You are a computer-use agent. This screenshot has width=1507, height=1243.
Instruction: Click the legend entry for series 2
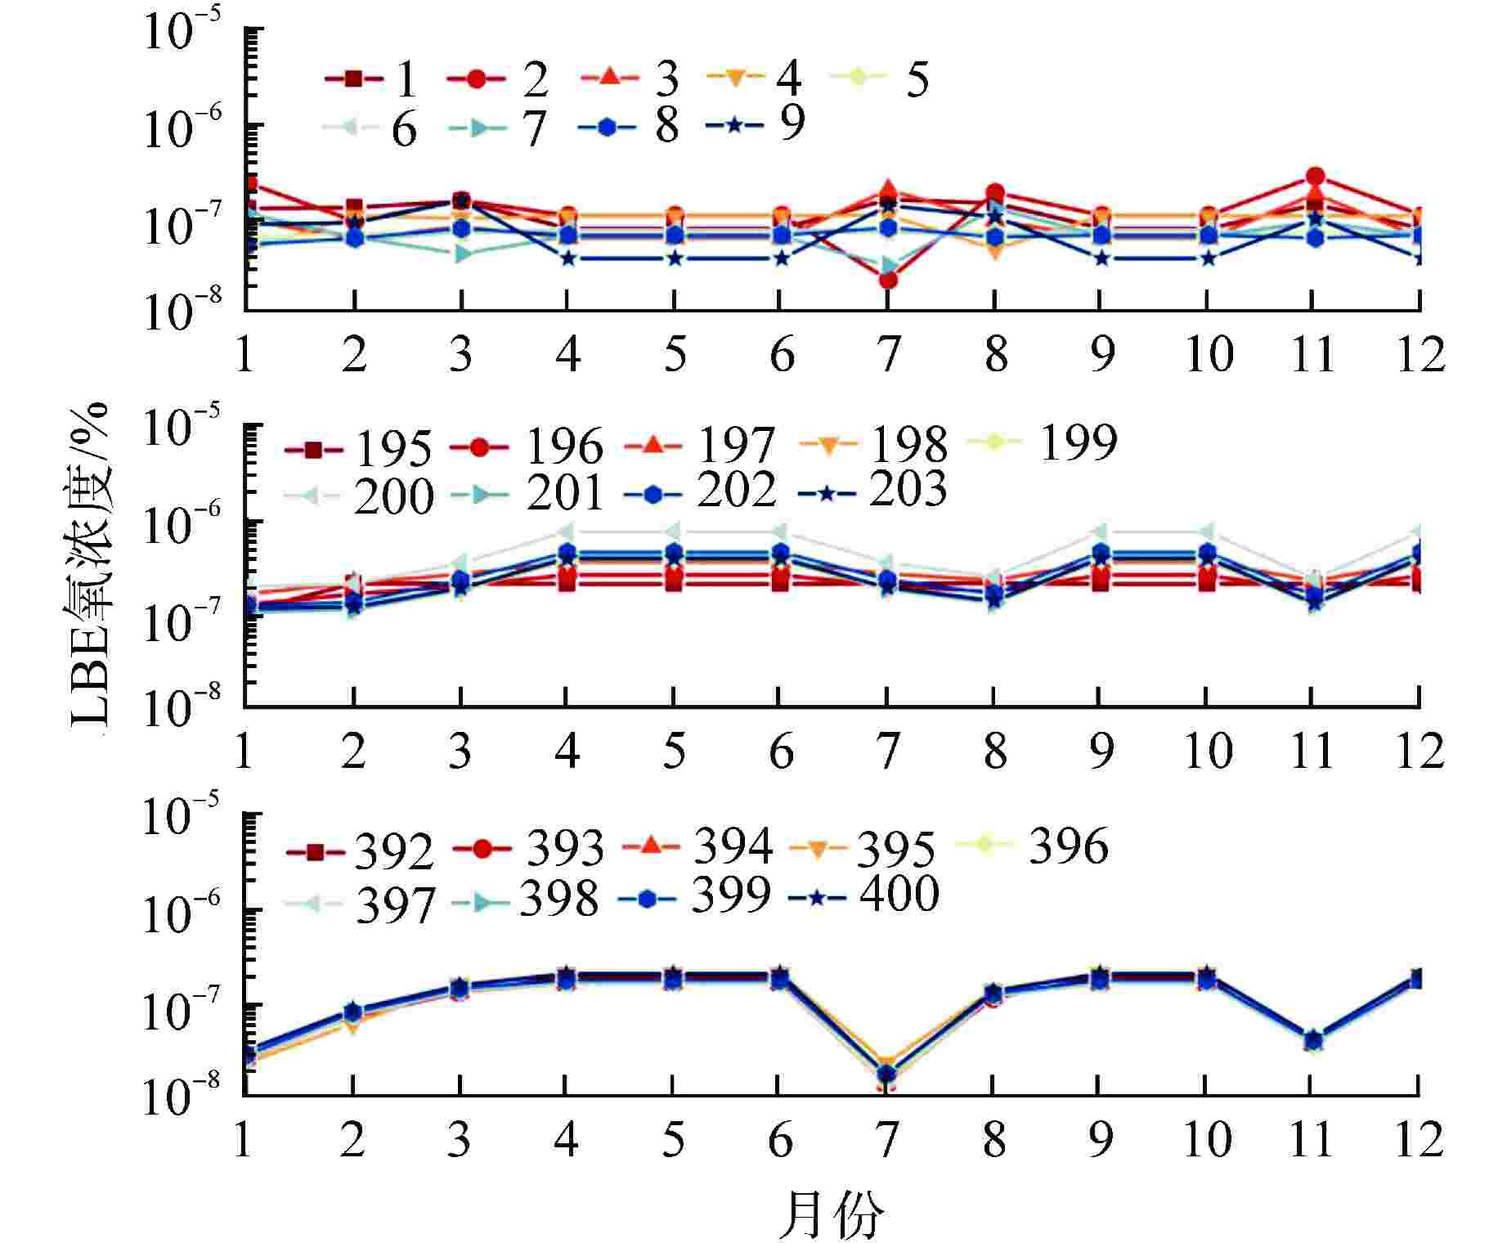(499, 79)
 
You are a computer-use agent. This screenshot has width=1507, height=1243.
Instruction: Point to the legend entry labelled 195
(357, 449)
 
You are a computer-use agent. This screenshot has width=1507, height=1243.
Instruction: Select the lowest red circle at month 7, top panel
(888, 280)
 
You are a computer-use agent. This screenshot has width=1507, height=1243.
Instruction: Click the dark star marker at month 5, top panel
(674, 258)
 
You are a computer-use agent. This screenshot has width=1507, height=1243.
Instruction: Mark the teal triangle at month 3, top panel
(463, 254)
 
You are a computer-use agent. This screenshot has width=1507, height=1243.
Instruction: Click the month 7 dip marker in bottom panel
(887, 1074)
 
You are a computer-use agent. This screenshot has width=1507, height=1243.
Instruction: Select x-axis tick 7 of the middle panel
(887, 751)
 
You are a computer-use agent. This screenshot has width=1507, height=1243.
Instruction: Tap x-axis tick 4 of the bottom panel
(566, 1140)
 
